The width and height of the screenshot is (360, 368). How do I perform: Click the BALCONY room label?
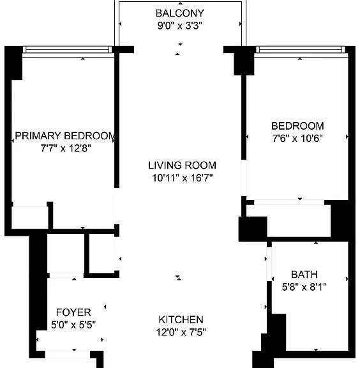click(180, 13)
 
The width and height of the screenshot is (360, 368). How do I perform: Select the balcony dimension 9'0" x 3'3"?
click(180, 26)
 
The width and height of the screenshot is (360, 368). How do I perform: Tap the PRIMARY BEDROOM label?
click(65, 136)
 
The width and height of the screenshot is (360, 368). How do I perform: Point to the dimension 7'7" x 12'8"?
click(66, 148)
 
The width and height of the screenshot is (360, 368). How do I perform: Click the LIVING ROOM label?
click(182, 165)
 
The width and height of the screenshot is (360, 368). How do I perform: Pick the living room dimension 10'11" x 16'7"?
click(183, 178)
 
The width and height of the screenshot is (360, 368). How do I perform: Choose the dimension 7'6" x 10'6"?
click(297, 138)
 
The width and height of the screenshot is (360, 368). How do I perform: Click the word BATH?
click(304, 274)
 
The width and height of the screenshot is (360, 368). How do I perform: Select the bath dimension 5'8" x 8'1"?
click(304, 287)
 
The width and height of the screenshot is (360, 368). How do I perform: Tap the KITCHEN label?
click(181, 319)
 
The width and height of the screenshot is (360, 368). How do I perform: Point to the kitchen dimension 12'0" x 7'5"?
click(181, 332)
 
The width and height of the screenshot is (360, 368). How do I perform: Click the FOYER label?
click(73, 312)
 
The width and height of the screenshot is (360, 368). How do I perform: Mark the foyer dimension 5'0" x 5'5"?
click(73, 325)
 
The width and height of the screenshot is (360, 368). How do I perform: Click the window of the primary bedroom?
click(67, 50)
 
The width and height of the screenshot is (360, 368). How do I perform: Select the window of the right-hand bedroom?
click(301, 50)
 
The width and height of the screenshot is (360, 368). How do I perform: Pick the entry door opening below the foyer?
click(68, 355)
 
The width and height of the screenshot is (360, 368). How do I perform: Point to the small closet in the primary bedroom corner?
click(30, 218)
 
